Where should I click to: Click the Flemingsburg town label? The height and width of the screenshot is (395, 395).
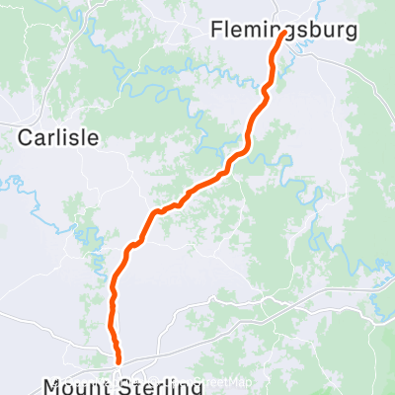284,33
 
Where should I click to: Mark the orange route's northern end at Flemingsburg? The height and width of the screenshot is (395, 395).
285,35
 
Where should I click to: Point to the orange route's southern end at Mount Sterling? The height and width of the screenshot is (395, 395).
118,361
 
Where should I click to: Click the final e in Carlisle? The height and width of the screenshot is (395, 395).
95,138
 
